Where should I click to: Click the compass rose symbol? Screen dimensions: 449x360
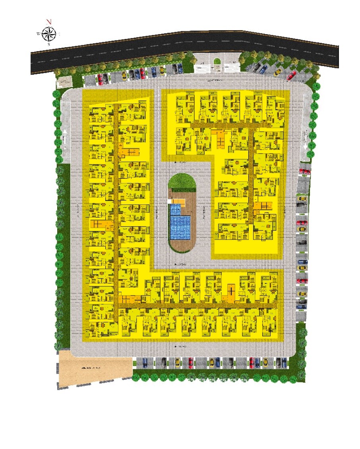pos(48,33)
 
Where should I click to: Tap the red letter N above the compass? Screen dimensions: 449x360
pos(49,22)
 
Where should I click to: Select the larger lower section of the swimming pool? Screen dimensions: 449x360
pos(180,227)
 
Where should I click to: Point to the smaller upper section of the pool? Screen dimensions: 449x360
pos(175,209)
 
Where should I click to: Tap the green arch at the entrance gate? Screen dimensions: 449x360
pos(217,62)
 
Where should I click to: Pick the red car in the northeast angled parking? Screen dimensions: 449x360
pos(291,75)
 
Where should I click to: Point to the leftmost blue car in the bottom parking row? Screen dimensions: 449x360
pos(145,362)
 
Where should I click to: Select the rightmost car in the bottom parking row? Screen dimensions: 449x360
pos(284,362)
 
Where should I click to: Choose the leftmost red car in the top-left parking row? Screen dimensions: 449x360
pos(100,79)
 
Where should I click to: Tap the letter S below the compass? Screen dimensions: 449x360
pos(48,44)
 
